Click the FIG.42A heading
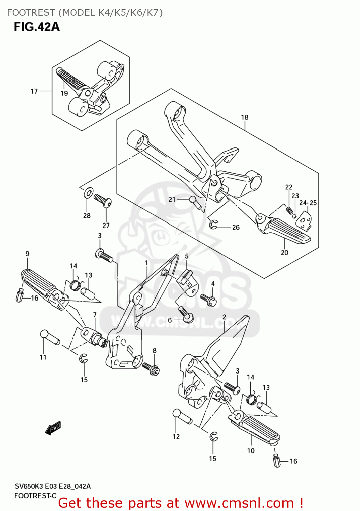[36, 27]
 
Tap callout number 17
[34, 91]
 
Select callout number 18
[245, 117]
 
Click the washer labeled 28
[88, 193]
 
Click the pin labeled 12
[182, 417]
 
